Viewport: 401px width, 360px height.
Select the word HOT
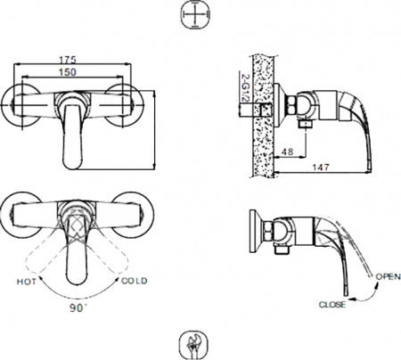pos(27,282)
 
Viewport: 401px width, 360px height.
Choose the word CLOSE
pos(332,304)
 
